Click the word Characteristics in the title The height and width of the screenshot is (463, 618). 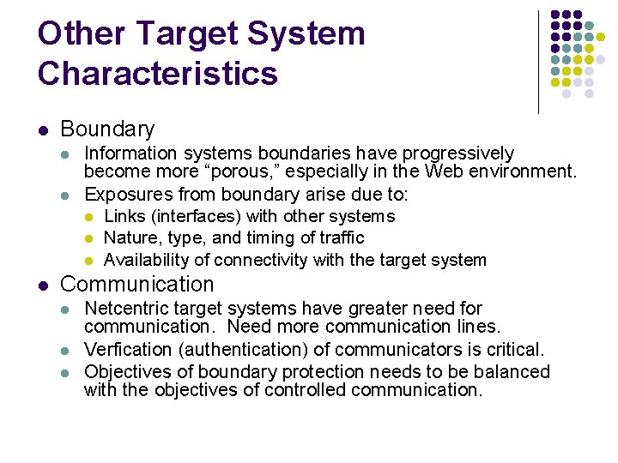point(158,73)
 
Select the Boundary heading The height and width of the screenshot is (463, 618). point(107,129)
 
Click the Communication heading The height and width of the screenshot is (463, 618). point(137,284)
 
